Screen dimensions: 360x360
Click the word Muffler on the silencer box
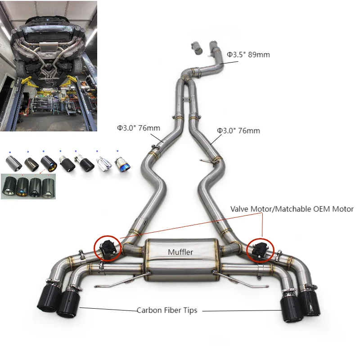coord(180,252)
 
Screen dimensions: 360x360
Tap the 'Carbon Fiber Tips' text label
coord(167,310)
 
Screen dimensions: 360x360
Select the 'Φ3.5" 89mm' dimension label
coord(248,55)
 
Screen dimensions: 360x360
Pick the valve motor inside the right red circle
coord(261,248)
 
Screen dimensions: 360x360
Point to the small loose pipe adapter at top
coord(196,46)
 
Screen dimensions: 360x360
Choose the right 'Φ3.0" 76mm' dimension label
coord(238,130)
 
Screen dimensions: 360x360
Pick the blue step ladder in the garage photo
coord(55,108)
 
